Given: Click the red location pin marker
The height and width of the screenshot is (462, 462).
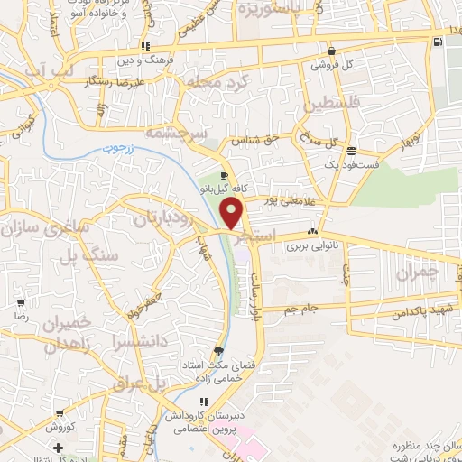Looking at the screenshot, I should point(233,213).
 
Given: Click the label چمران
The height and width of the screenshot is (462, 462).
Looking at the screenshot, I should point(421,270).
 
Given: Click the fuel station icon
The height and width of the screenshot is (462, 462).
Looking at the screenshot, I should point(437,42).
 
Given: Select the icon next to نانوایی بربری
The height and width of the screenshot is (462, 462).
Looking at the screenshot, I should point(313,231).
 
